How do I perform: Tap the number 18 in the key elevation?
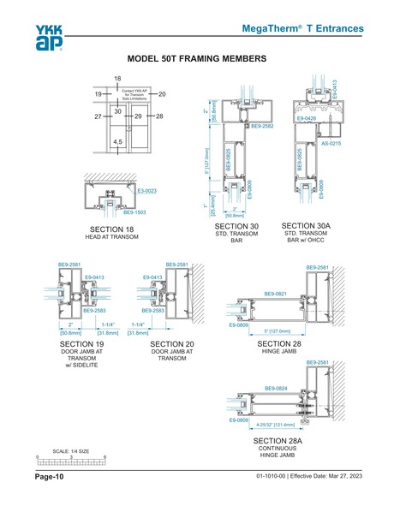[118, 79]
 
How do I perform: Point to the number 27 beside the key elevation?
[98, 115]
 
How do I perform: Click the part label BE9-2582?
[262, 126]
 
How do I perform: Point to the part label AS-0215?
[331, 143]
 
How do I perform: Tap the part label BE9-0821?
[276, 293]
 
